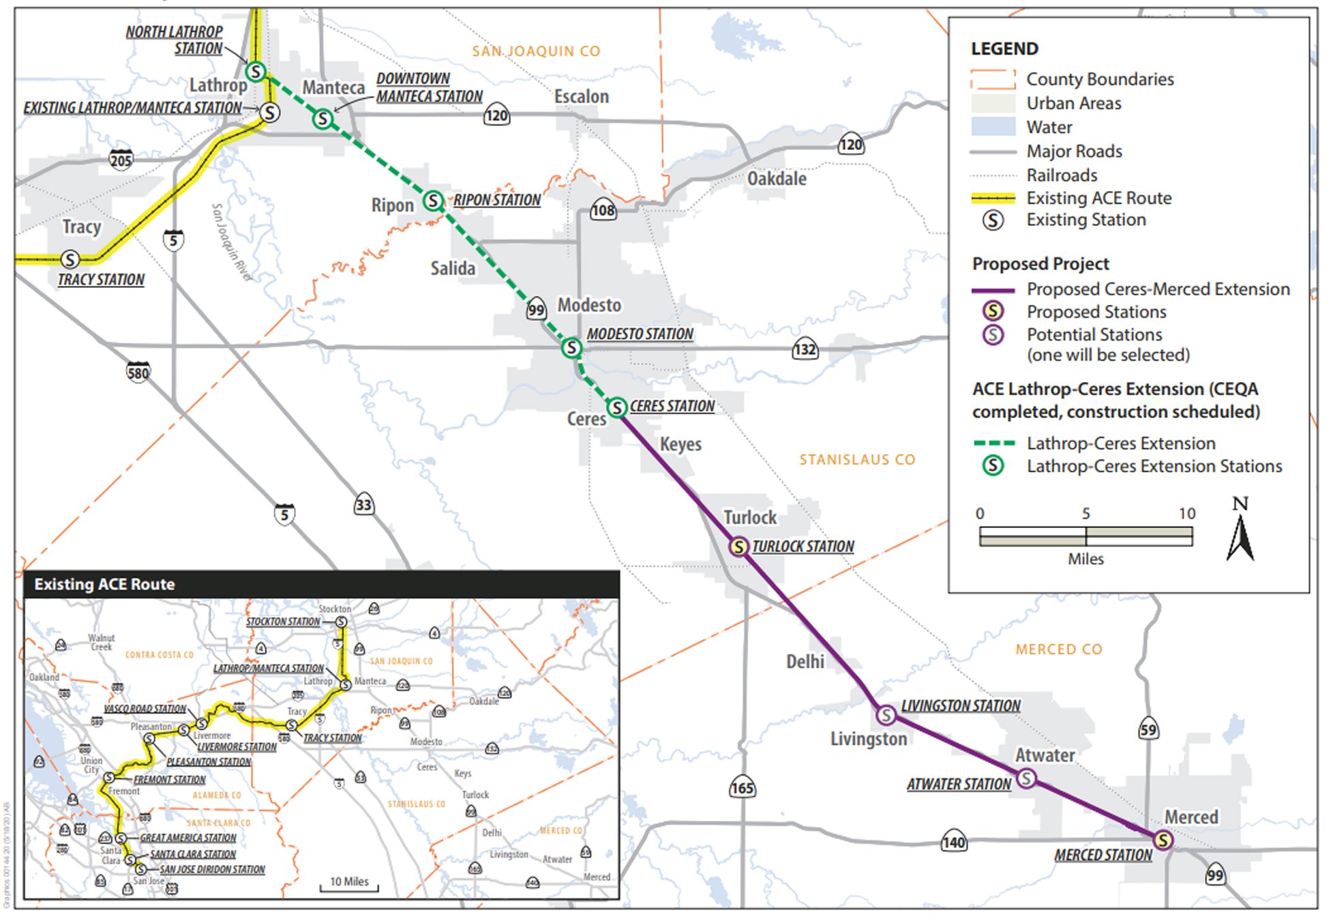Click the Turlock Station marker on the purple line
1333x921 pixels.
(x=738, y=546)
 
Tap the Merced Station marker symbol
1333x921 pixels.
(x=1163, y=840)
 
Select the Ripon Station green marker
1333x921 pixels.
(x=434, y=201)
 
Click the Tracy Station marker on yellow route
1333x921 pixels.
(x=70, y=259)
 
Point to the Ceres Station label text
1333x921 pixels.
(x=672, y=406)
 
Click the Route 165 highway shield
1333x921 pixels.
(x=742, y=788)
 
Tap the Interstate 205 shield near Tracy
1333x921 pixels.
(x=121, y=160)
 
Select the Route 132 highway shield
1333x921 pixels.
(x=805, y=349)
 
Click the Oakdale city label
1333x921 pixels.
(x=777, y=179)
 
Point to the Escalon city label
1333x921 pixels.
(x=581, y=97)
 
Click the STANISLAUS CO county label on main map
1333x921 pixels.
(x=857, y=460)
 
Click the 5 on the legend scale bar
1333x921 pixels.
(x=1085, y=514)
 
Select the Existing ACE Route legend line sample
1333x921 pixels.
(x=993, y=199)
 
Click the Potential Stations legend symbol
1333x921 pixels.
(x=993, y=334)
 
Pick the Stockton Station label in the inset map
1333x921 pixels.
(x=283, y=622)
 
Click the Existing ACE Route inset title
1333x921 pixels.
(x=104, y=585)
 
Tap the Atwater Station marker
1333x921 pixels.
(x=1026, y=778)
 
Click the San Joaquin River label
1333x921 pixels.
(x=230, y=242)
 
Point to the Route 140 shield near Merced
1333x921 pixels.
(x=953, y=842)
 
